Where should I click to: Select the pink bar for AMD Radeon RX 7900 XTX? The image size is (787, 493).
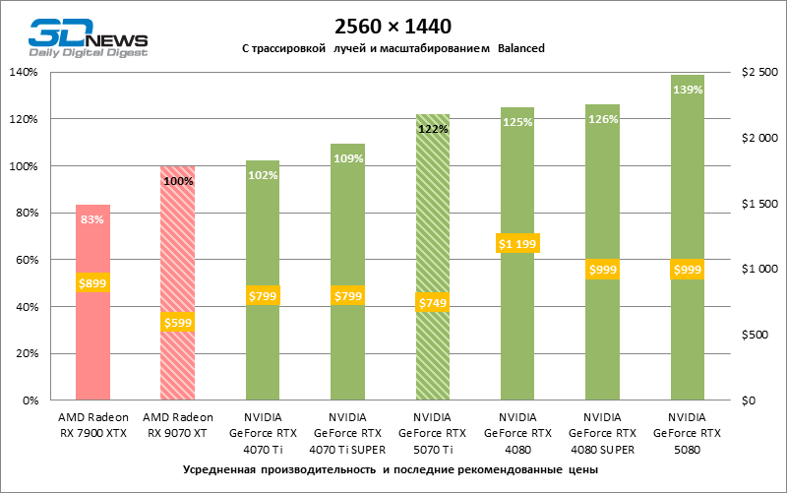[x=92, y=335]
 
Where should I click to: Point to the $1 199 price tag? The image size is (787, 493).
[x=517, y=243]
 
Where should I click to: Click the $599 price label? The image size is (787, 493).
[x=178, y=321]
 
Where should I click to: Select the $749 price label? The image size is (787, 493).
[x=432, y=303]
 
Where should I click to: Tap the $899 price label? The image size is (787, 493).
[x=92, y=282]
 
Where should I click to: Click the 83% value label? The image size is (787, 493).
[x=92, y=219]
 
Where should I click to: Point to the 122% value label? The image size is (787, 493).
[x=433, y=128]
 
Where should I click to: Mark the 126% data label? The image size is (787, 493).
[x=602, y=119]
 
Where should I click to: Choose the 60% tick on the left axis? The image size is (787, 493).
[x=26, y=260]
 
